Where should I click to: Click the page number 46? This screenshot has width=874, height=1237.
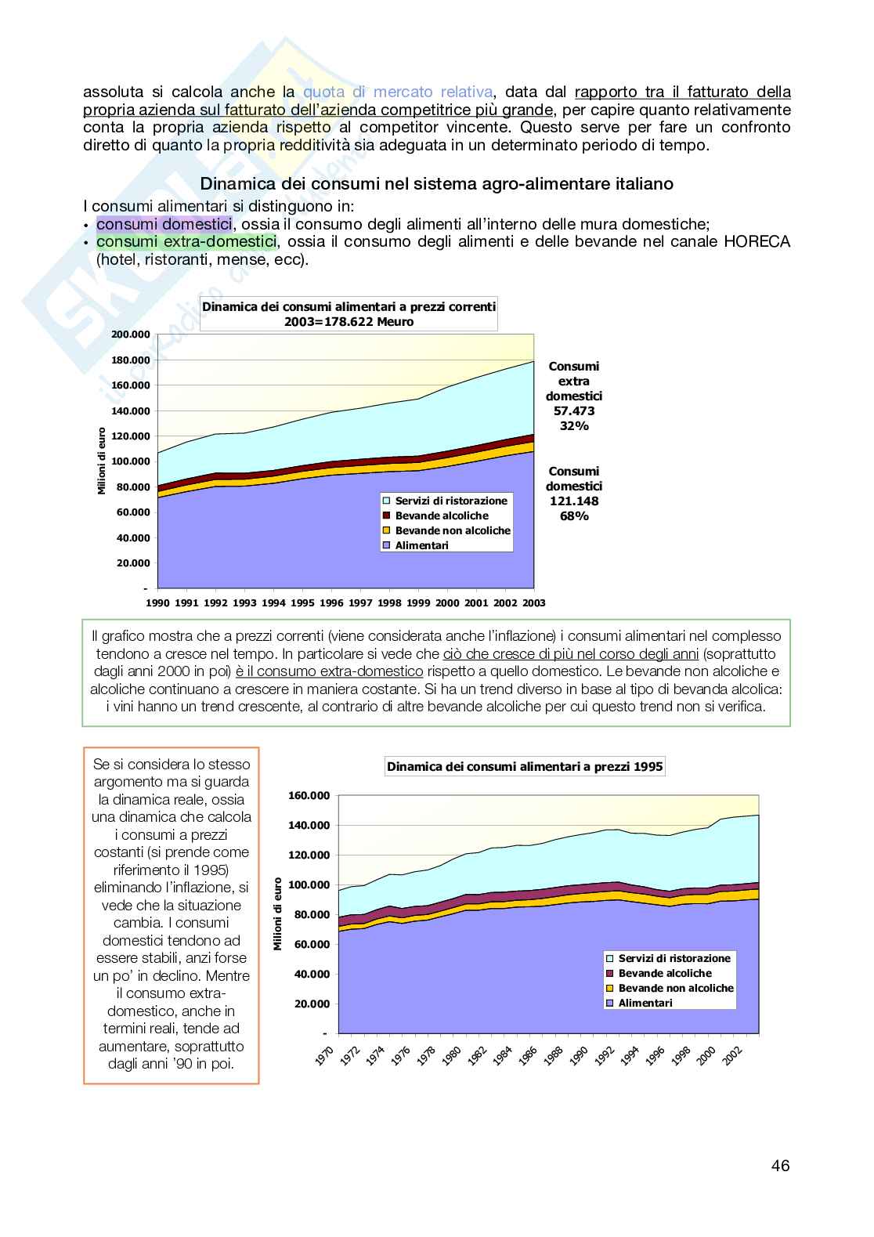point(780,1166)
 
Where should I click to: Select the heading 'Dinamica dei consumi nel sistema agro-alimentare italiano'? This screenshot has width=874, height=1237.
point(436,184)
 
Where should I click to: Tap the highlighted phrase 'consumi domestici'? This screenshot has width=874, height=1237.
point(164,224)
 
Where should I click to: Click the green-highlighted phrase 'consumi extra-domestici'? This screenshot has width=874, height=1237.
point(186,242)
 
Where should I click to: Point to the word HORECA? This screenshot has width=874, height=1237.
point(757,242)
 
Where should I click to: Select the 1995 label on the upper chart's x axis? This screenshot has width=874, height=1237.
point(302,603)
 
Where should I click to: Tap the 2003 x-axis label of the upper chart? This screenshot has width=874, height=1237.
point(533,603)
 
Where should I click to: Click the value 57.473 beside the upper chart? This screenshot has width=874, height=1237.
point(573,411)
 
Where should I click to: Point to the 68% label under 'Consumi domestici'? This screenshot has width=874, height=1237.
point(573,516)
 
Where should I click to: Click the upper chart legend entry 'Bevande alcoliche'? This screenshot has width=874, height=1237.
point(441,515)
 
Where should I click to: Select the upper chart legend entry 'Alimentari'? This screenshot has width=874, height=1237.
point(421,545)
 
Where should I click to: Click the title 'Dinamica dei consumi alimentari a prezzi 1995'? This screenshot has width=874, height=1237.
point(525,767)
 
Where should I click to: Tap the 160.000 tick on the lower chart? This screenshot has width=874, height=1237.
point(309,796)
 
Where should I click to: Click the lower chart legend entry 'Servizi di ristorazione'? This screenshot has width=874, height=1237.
point(674,958)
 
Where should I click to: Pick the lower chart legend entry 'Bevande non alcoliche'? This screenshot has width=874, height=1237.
point(675,988)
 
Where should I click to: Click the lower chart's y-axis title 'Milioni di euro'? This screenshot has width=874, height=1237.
point(278,914)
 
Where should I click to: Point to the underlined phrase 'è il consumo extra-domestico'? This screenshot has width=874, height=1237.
point(329,671)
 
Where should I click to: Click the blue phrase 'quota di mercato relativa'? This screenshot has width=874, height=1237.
point(399,92)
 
